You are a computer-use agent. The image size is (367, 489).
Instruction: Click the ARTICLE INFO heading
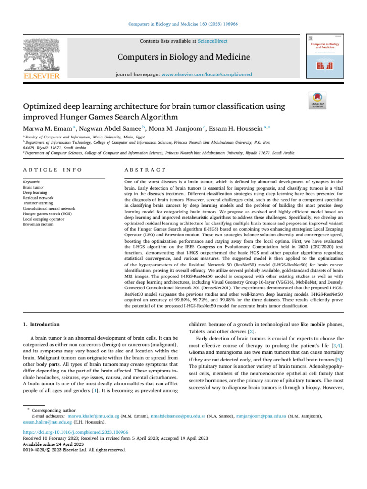pos(53,170)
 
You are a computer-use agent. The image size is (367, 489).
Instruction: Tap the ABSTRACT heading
pos(145,170)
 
